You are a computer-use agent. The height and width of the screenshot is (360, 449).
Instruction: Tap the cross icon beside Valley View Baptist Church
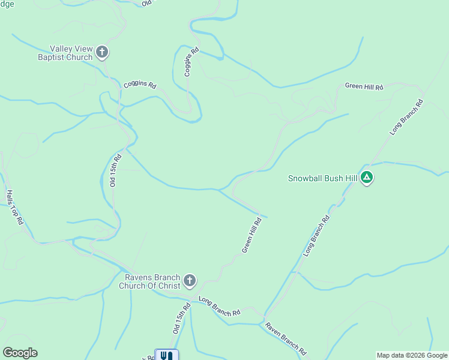(102, 52)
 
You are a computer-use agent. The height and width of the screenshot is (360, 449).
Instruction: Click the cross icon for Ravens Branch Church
(189, 280)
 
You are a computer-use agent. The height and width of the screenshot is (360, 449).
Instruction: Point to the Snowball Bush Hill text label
(322, 178)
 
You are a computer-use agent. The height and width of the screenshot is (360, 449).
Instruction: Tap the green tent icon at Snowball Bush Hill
(367, 178)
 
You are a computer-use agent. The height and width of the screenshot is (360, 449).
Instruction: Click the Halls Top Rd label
(14, 207)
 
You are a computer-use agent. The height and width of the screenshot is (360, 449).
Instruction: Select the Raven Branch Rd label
(286, 340)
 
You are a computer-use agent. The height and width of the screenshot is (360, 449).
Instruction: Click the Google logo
(20, 353)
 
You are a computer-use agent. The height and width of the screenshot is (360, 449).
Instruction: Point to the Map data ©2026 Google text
(412, 355)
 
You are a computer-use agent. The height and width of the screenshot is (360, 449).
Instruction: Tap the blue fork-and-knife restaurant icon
(167, 355)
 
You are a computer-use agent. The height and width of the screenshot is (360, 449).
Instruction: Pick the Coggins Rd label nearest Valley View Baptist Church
(139, 85)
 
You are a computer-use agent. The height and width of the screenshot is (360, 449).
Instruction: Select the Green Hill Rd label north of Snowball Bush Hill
(364, 86)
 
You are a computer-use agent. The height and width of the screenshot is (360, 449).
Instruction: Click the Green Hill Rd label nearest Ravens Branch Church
(252, 235)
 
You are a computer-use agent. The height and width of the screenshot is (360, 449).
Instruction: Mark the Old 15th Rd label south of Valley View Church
(115, 170)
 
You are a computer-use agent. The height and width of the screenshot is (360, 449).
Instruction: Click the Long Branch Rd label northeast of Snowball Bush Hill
(407, 116)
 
